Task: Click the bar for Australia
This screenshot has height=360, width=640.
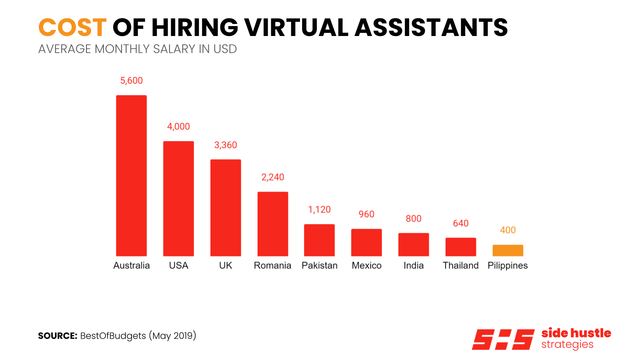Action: coord(131,176)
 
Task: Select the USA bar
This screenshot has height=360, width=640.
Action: coord(178,198)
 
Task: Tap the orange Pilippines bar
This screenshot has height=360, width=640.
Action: coord(508,250)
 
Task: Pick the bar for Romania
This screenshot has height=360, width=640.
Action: coord(272,224)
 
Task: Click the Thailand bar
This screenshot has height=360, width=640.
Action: coord(460,247)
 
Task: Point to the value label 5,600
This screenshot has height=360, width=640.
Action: coord(131,80)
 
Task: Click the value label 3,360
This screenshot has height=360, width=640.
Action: coord(226,145)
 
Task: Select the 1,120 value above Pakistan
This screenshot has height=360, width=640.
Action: coord(319,210)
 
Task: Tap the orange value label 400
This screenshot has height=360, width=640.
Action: coord(508,230)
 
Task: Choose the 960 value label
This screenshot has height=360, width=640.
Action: coord(366,214)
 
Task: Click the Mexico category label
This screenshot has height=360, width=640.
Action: coord(366,266)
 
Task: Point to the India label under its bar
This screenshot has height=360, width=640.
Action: coord(413,266)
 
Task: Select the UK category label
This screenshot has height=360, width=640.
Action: coord(226,266)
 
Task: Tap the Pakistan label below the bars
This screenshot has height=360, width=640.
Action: coord(319,266)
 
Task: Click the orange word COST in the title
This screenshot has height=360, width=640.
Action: coord(72,28)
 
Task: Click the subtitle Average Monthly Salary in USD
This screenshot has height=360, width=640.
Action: coord(137,49)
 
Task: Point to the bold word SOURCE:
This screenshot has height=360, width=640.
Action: coord(58,336)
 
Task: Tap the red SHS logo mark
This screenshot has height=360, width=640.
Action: coord(503,339)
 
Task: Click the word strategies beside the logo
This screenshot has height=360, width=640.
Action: coord(567,345)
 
